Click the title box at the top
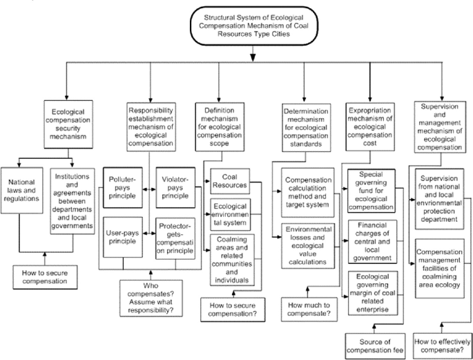(x=254, y=26)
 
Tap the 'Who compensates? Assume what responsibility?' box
(x=148, y=296)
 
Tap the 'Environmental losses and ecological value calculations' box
(x=309, y=247)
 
